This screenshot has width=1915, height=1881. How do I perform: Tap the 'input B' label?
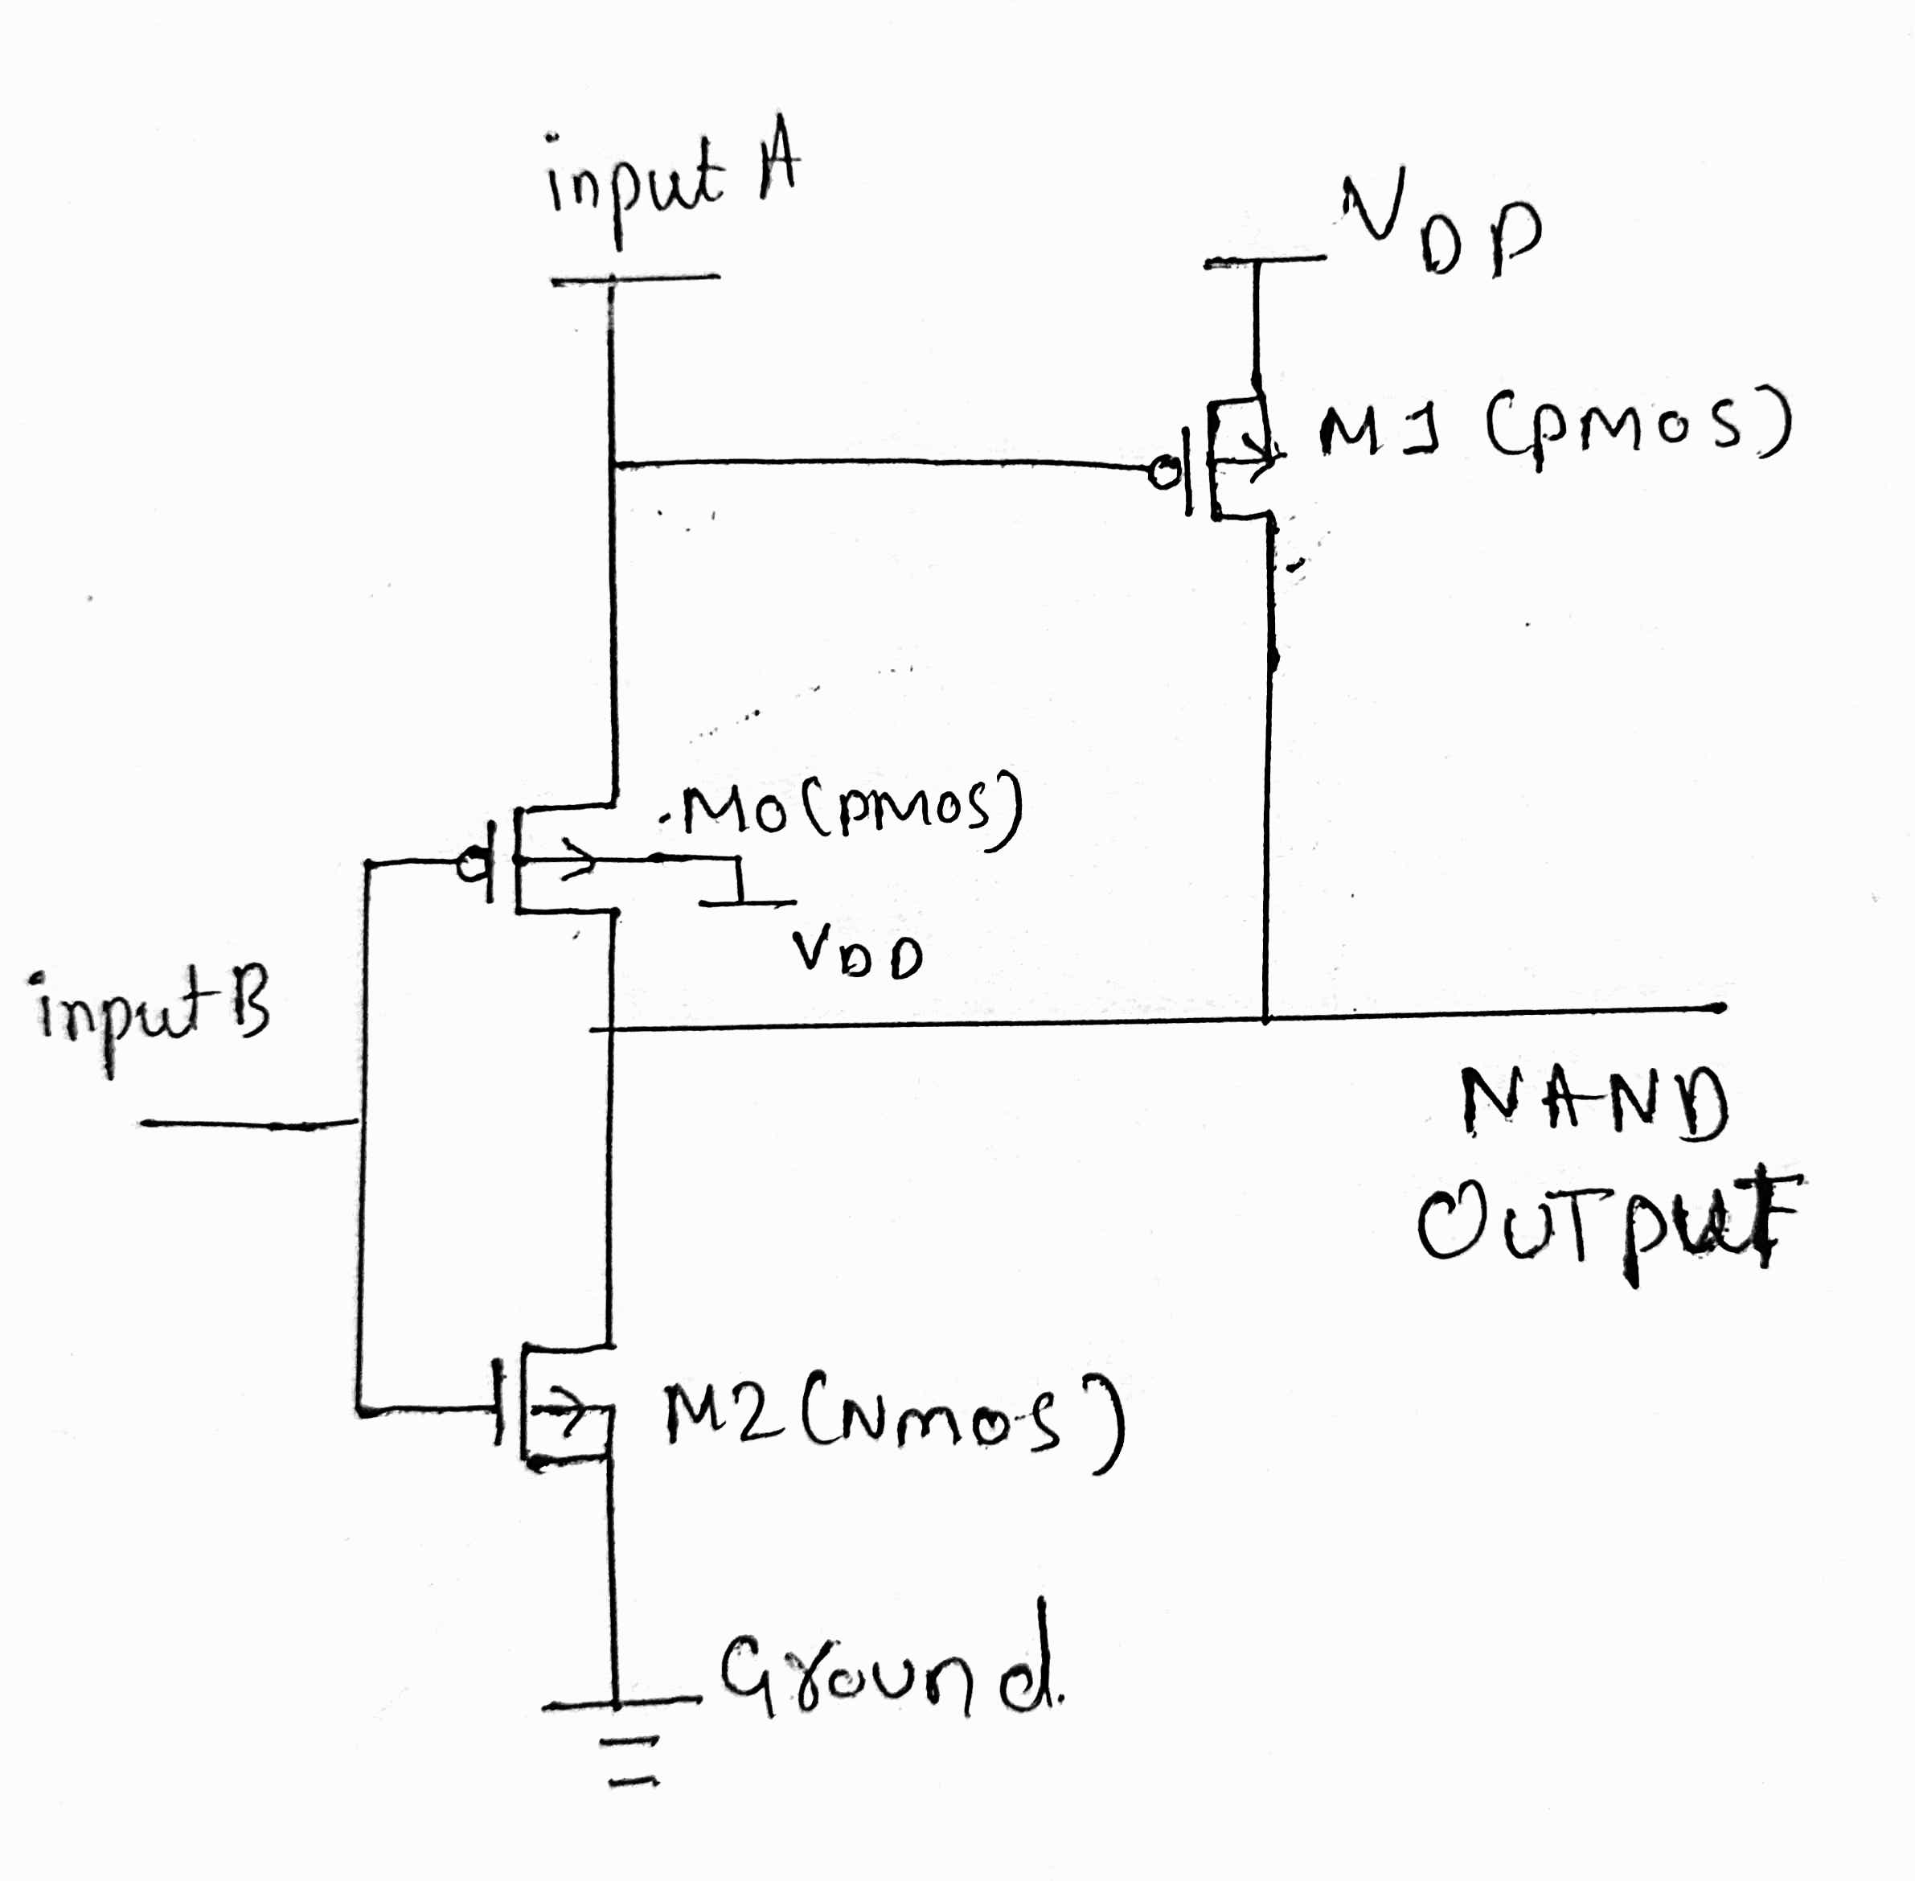(x=153, y=1012)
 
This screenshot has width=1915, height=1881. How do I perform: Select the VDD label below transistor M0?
(x=856, y=955)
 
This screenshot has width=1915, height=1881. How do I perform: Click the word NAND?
(x=1594, y=1104)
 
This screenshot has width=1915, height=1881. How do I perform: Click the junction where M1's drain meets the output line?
(x=1265, y=1016)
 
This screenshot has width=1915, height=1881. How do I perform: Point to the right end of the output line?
(x=1720, y=1008)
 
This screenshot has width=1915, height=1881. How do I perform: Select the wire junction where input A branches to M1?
(x=613, y=463)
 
